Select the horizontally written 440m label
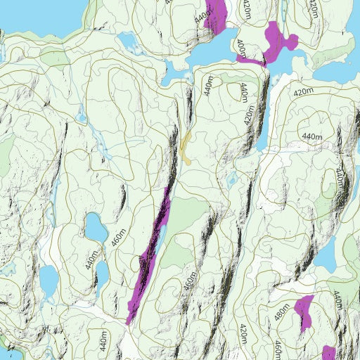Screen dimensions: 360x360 (311, 136)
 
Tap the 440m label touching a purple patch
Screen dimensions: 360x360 (203, 15)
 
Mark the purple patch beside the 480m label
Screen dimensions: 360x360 (304, 313)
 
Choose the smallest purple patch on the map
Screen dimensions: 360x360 (328, 352)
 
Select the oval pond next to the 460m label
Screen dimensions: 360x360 (94, 226)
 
